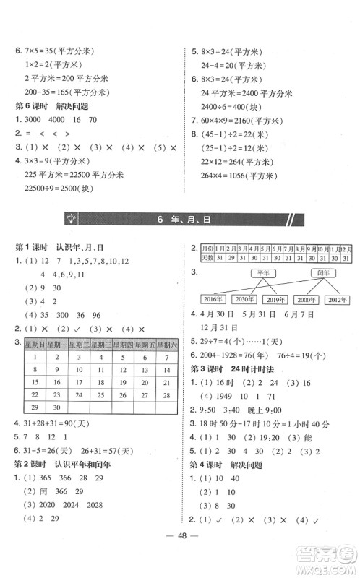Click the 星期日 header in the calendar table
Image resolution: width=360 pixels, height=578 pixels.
pos(35,345)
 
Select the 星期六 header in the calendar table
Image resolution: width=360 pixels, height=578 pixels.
pos(166,345)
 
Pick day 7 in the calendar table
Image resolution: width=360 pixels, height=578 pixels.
pos(166,358)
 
